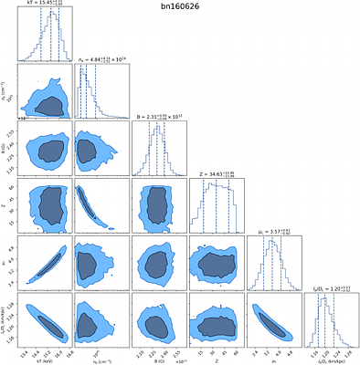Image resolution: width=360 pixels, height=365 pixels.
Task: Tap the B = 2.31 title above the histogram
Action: coord(157,117)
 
